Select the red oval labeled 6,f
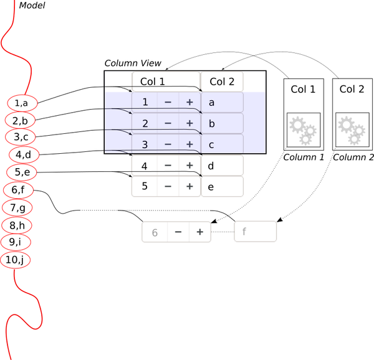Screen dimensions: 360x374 [18, 190]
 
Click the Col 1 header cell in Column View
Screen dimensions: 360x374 [153, 82]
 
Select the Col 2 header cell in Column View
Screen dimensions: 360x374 [222, 82]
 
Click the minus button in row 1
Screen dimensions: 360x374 [168, 102]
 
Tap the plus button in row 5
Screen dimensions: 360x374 [189, 186]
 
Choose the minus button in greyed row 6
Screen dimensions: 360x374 [178, 232]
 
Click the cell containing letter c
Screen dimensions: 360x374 [222, 144]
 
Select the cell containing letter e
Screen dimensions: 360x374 [222, 186]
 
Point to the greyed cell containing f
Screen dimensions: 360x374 [255, 232]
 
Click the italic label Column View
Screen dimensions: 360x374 [133, 64]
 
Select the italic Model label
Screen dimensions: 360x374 [32, 6]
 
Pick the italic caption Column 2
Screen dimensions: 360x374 [353, 157]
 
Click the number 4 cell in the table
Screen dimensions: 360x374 [144, 166]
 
